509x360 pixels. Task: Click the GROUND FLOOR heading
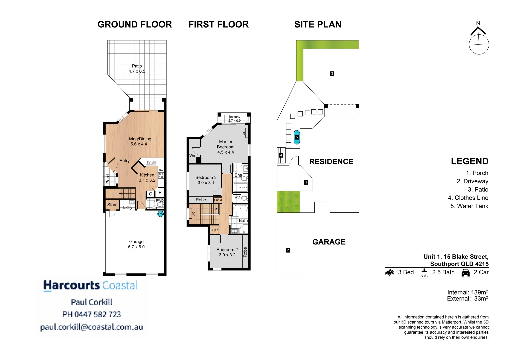tap(135, 24)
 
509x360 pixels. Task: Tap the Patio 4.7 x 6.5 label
tap(137, 69)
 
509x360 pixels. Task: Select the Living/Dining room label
tap(139, 141)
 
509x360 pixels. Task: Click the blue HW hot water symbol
tap(161, 214)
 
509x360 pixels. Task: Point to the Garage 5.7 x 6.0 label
tap(136, 244)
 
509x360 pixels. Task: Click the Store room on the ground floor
tap(112, 205)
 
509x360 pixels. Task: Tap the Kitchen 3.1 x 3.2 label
tap(147, 177)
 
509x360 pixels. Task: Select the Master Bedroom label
tap(226, 147)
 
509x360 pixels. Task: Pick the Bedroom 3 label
tap(206, 180)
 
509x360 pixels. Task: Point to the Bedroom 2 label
tap(227, 252)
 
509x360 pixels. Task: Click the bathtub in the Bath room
tap(240, 209)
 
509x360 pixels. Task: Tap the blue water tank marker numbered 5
tap(297, 137)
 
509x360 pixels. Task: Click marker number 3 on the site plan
tap(332, 74)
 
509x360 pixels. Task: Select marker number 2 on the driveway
tap(288, 250)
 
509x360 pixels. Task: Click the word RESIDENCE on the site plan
tap(331, 162)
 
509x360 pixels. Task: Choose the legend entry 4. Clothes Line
tap(468, 198)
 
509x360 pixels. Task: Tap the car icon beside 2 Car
tap(465, 273)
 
